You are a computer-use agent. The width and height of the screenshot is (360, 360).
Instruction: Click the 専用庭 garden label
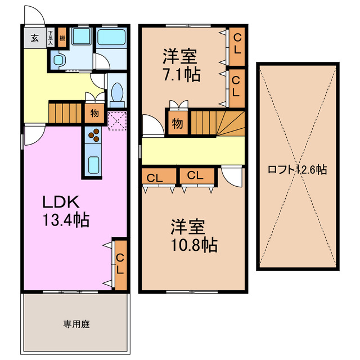tap(76, 324)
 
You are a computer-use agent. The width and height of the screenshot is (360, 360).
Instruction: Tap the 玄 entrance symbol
tap(34, 38)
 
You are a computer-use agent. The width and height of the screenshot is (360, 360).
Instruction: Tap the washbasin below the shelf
tap(59, 60)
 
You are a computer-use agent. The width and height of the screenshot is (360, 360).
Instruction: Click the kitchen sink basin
tap(93, 164)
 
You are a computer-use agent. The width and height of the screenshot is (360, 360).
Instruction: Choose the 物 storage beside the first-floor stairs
tap(94, 113)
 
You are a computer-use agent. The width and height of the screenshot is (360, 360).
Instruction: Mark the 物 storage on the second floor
tap(177, 123)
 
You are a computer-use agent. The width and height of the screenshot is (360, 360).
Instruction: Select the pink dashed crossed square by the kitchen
tap(118, 120)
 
